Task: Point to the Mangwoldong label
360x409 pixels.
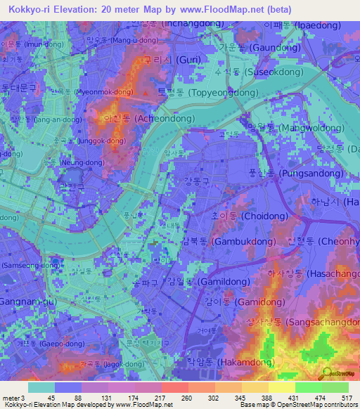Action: pos(284,128)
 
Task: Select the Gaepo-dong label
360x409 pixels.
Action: pos(34,344)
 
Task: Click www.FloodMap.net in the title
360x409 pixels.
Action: pos(223,11)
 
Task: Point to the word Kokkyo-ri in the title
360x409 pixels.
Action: pos(25,11)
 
